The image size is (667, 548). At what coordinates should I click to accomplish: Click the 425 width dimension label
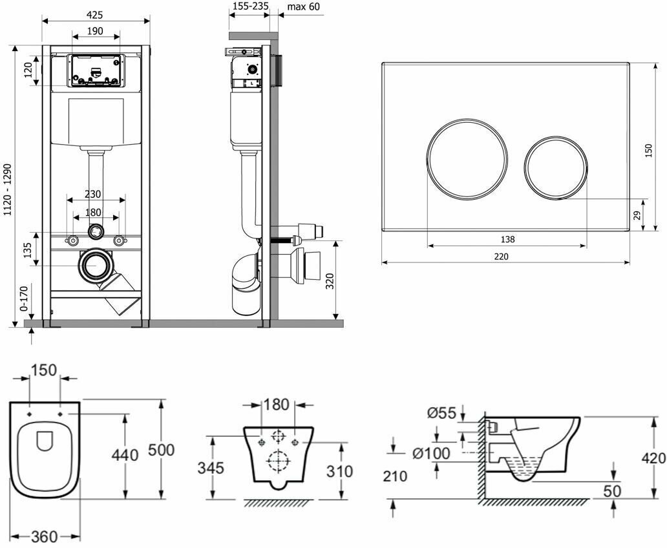(x=95, y=15)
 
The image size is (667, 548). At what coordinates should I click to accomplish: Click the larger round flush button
(x=458, y=159)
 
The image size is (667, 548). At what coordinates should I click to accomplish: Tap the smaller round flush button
(x=556, y=166)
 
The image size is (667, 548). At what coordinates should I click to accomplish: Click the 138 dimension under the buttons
(x=507, y=239)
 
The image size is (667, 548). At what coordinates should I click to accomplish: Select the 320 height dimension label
(x=330, y=281)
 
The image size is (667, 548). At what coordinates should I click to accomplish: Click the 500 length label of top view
(x=161, y=450)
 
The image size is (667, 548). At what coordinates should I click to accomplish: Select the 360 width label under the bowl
(x=45, y=537)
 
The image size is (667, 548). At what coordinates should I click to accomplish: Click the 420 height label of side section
(x=653, y=459)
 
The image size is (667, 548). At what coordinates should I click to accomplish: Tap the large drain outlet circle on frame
(x=97, y=265)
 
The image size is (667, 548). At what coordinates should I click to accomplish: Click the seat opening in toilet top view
(x=45, y=441)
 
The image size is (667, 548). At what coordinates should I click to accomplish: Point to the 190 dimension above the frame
(x=95, y=31)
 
